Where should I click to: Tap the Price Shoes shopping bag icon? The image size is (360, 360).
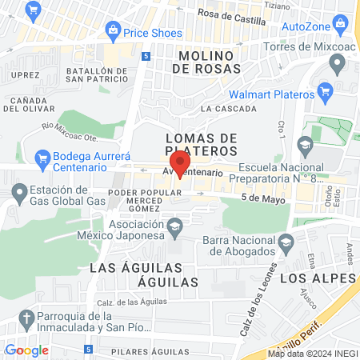[x=113, y=33]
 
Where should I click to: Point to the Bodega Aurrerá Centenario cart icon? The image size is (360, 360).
[x=42, y=158]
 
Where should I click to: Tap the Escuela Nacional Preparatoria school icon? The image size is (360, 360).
[x=304, y=145]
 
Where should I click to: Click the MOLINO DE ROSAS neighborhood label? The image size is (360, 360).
[x=206, y=63]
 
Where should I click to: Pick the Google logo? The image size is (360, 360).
[x=26, y=350]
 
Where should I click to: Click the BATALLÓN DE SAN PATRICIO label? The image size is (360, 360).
[x=97, y=74]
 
